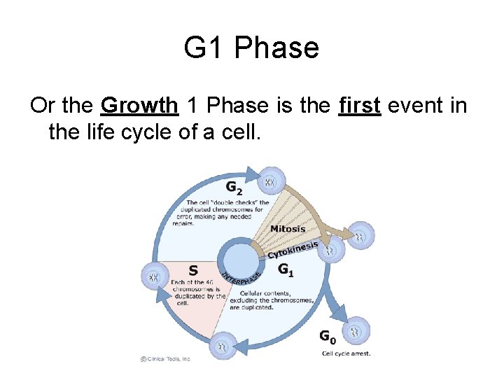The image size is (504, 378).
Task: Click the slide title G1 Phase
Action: [251, 48]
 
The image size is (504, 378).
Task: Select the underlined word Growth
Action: [139, 105]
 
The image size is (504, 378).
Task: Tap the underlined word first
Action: [359, 105]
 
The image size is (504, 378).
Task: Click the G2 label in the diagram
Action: [234, 188]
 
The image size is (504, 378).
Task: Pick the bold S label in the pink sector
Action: [193, 271]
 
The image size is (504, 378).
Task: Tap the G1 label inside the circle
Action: [286, 269]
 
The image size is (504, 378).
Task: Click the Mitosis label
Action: [288, 229]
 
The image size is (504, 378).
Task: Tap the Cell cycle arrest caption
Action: [346, 353]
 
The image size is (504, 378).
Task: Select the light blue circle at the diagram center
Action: [239, 255]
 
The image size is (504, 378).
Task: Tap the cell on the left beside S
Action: [154, 276]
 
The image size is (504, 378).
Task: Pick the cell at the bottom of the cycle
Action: [223, 345]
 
